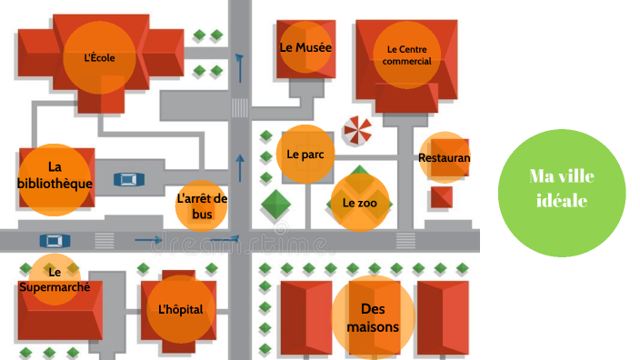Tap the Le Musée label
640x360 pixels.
tap(305, 47)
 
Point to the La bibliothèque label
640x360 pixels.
tap(55, 175)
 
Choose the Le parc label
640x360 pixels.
tap(305, 155)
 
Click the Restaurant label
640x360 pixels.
tap(445, 158)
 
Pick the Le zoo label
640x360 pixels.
tap(359, 203)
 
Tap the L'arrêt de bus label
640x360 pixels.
tap(202, 206)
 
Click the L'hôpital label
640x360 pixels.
tap(180, 309)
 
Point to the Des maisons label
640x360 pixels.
tap(373, 317)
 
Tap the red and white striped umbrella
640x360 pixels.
tap(356, 131)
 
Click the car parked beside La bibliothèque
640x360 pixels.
tap(129, 179)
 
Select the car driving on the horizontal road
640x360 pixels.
tap(55, 241)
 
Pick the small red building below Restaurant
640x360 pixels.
tap(442, 196)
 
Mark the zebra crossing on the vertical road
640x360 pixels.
tap(240, 108)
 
